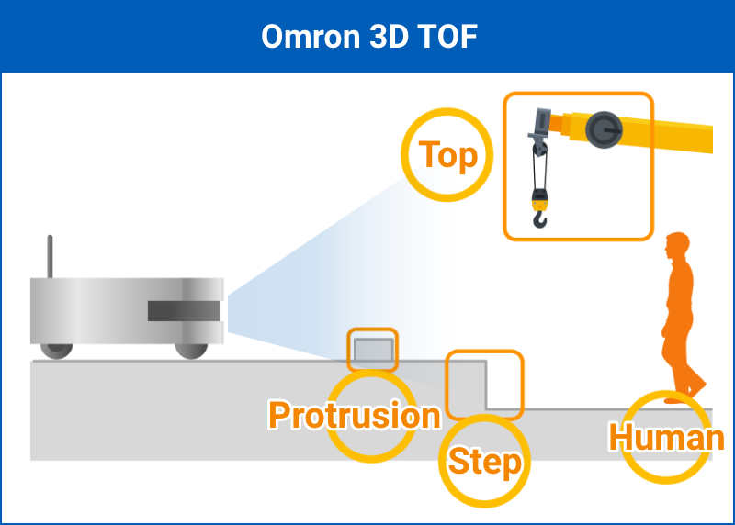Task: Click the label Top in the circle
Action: click(x=448, y=155)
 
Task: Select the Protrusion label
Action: click(x=355, y=416)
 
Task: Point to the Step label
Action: click(x=485, y=462)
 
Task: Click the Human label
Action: click(x=667, y=438)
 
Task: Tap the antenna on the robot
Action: click(x=50, y=256)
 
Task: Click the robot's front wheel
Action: click(x=191, y=349)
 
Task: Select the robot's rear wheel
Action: click(x=56, y=350)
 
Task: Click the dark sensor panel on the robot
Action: click(x=184, y=311)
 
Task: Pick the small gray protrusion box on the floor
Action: click(x=373, y=350)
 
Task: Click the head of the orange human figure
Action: click(x=677, y=245)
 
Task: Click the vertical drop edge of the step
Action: click(x=485, y=386)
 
